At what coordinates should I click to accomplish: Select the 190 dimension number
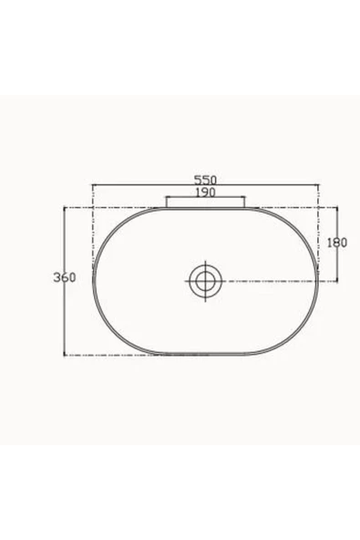204,193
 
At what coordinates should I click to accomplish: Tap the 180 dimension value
337,243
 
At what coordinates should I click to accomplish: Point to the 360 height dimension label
64,276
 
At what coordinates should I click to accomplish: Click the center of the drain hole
205,279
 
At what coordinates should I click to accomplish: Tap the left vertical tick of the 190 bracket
165,202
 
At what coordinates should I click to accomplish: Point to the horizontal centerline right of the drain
273,279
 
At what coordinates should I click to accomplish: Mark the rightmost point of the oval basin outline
318,279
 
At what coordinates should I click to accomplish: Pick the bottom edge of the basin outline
205,354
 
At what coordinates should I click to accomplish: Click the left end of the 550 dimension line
93,187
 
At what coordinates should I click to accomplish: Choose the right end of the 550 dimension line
318,187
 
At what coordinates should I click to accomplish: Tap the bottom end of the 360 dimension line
63,354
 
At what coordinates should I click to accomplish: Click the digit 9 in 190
204,193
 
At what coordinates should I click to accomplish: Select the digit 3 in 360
57,276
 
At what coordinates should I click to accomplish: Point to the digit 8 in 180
337,243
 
